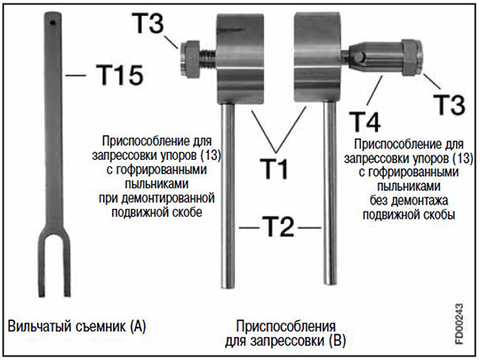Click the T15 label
click(x=120, y=75)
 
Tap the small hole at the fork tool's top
click(x=53, y=22)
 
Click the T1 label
click(x=274, y=169)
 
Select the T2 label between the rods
click(x=278, y=227)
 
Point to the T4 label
click(x=365, y=122)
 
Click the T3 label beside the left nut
click(x=148, y=23)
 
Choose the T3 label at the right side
click(x=450, y=105)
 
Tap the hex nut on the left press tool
click(x=190, y=59)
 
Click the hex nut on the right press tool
click(x=412, y=57)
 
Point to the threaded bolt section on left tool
click(x=209, y=59)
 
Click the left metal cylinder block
click(x=240, y=59)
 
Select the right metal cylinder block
click(x=317, y=57)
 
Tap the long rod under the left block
click(x=228, y=196)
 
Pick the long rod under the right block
click(x=331, y=194)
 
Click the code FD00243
click(x=459, y=324)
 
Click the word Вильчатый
click(x=40, y=326)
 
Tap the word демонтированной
click(x=168, y=198)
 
